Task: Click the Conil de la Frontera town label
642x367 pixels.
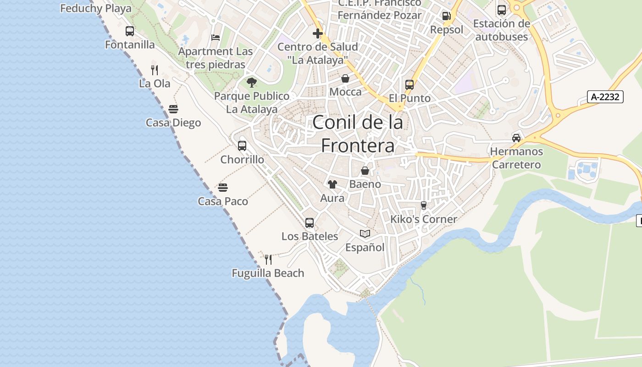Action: [x=358, y=134]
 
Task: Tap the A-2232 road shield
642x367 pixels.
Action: [x=605, y=97]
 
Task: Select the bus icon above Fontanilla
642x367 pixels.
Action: [x=130, y=31]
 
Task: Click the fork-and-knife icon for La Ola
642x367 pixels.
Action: [x=155, y=70]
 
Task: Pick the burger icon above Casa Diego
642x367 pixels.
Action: [x=173, y=109]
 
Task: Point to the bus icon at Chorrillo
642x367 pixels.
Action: [x=242, y=146]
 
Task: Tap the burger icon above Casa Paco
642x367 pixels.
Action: [x=223, y=188]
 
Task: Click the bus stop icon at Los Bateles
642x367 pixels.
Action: [x=310, y=223]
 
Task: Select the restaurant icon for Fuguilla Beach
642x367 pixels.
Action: [x=268, y=260]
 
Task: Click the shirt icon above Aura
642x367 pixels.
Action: [x=332, y=184]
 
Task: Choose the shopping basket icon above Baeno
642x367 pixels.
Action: [x=365, y=171]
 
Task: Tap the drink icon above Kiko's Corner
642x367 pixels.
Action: [x=423, y=206]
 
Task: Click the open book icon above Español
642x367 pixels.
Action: [x=365, y=234]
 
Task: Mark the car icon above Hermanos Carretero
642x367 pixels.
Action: [x=516, y=138]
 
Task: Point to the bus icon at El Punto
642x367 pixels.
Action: [x=410, y=85]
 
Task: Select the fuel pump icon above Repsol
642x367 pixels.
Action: [x=446, y=16]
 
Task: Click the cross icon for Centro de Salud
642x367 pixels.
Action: [x=317, y=33]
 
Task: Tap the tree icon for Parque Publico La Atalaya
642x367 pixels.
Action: [x=251, y=83]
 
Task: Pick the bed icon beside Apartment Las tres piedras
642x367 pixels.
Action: [x=216, y=38]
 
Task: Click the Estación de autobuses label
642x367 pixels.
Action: [x=501, y=30]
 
